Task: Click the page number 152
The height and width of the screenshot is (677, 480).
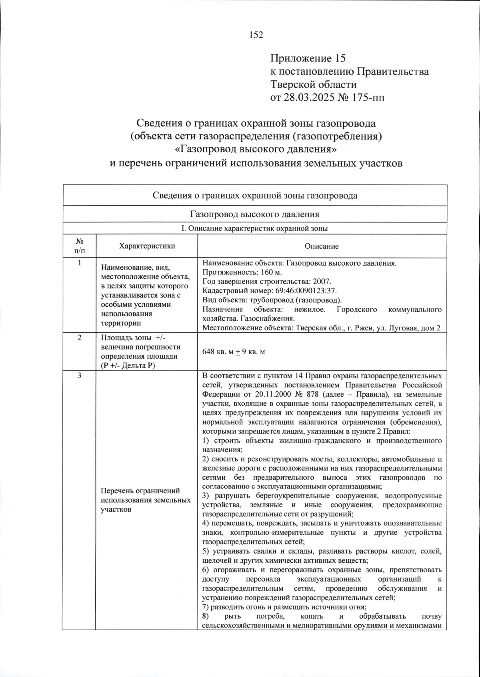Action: pos(256,35)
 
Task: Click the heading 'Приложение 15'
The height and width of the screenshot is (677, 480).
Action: pos(307,58)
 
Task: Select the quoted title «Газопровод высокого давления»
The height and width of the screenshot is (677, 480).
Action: pos(256,149)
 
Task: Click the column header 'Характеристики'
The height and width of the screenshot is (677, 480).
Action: pos(147,246)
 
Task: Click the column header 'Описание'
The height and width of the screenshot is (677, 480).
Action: pos(322,246)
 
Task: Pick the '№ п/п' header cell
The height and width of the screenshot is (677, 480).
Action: pos(79,246)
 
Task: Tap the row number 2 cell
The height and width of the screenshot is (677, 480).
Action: pos(79,338)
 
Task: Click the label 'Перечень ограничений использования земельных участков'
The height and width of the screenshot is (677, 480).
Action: pos(146,500)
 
